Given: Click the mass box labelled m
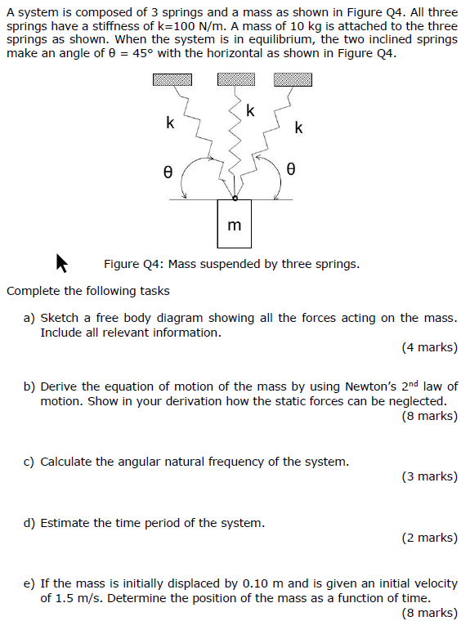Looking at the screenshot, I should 234,223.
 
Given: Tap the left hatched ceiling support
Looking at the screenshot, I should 172,79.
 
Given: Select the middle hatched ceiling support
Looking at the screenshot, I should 236,79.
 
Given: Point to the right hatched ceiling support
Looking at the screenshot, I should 293,79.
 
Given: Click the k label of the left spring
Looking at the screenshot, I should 170,123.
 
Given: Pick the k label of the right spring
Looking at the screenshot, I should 298,127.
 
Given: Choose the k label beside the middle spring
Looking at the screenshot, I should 250,111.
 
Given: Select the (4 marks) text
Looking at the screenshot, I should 429,347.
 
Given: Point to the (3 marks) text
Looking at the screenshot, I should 429,476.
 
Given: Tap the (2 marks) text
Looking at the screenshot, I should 429,538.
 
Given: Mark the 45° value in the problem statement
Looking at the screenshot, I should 144,52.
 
